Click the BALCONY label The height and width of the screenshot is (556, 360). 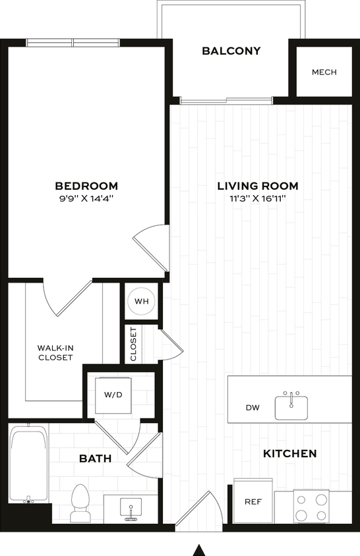(x=222, y=51)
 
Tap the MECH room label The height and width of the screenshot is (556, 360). (x=324, y=72)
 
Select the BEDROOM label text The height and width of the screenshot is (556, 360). (x=86, y=186)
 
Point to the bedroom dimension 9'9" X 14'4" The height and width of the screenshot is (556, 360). (x=86, y=199)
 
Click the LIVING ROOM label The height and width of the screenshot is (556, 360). (x=258, y=186)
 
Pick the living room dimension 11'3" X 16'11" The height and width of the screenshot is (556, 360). (x=258, y=199)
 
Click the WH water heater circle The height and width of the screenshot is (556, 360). (x=141, y=302)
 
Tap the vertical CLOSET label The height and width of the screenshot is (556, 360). (x=133, y=344)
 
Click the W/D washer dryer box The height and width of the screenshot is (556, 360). (x=113, y=395)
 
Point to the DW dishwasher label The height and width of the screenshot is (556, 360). (x=253, y=408)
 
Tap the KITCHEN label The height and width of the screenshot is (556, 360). (x=290, y=454)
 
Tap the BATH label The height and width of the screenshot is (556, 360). (x=96, y=458)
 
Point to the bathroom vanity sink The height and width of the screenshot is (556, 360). (x=131, y=509)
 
